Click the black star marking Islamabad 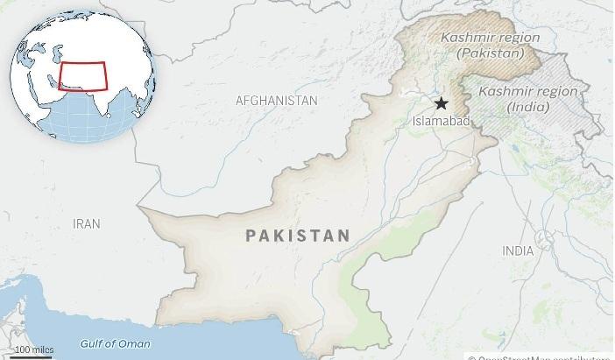(x=441, y=102)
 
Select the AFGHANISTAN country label (x=276, y=101)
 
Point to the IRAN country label (x=86, y=224)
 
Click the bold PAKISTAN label (x=298, y=235)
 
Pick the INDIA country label (x=517, y=251)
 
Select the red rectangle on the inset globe (x=81, y=75)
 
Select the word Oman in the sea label (x=133, y=342)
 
